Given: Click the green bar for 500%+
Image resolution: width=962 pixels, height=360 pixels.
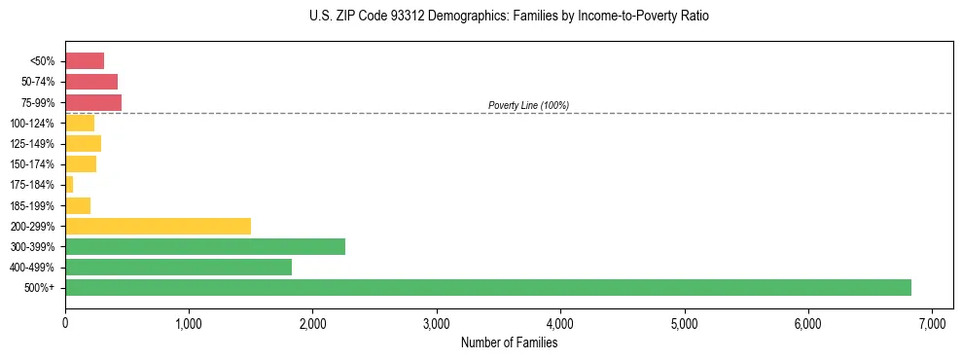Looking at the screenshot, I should [x=487, y=287].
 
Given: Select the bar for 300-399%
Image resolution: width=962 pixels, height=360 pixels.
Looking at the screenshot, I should [x=205, y=246].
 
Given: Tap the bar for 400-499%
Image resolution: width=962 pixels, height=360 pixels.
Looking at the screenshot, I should [x=178, y=267].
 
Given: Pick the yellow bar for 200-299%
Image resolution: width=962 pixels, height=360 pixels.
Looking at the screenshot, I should [x=158, y=226].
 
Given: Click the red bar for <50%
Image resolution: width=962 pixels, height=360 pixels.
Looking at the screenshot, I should [x=85, y=60].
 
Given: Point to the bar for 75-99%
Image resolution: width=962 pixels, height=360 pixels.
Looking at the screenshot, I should [x=93, y=102].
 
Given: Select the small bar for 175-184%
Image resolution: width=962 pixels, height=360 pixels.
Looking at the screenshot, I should [x=69, y=184].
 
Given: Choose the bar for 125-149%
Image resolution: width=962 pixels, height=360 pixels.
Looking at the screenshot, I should [x=83, y=143].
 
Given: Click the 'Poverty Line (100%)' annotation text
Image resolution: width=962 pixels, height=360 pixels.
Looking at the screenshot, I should [x=528, y=105].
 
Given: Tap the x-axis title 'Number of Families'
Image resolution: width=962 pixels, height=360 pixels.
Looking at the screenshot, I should [x=509, y=342].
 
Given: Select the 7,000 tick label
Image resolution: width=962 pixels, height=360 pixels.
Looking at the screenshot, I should [x=932, y=323].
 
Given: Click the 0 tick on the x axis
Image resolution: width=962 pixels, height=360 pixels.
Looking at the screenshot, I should [x=65, y=323].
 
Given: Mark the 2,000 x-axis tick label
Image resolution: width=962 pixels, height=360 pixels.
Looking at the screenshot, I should [x=312, y=323].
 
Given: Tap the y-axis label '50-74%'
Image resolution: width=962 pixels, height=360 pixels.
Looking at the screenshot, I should [x=37, y=82].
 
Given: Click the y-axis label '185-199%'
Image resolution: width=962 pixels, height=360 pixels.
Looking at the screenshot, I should [x=32, y=205].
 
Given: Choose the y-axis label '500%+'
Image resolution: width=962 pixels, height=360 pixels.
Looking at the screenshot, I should [x=41, y=288].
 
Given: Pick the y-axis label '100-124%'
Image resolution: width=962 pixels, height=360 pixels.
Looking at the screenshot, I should [x=32, y=123].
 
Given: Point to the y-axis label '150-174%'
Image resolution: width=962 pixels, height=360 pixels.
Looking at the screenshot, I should [x=32, y=164].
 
